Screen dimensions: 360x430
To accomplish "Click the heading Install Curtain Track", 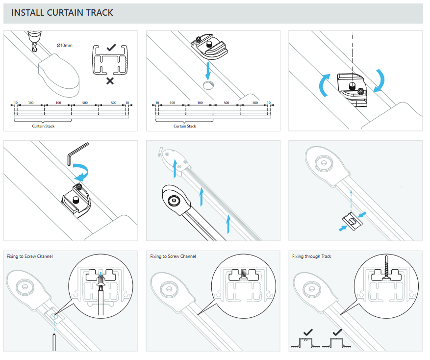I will coord(62,13).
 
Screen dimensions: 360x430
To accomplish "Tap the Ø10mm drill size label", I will coord(65,45).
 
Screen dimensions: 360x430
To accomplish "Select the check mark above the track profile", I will coord(111,48).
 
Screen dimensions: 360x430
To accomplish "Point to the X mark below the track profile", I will coord(110,80).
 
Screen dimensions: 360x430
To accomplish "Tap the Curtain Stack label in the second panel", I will coord(185,127).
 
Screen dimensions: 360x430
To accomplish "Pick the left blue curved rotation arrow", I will coord(324,84).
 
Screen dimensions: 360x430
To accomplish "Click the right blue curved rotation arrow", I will coord(380,80).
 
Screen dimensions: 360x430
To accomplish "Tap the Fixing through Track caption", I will coord(312,257).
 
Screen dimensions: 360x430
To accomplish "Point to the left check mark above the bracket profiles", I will coord(309,333).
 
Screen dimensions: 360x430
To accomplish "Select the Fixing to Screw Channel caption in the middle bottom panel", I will coord(173,257).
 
